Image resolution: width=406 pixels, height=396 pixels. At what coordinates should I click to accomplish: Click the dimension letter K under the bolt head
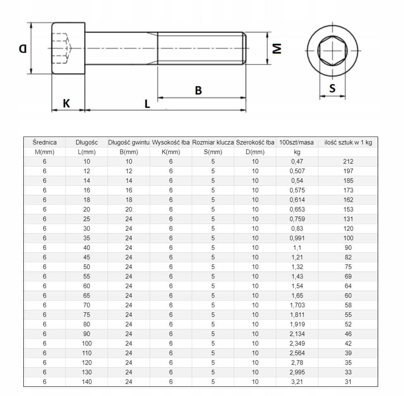click(66, 103)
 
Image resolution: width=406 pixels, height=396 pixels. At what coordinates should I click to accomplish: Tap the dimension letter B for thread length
click(198, 90)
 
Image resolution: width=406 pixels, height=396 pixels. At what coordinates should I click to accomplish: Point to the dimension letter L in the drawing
click(147, 104)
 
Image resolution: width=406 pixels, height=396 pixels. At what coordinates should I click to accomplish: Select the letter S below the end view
click(333, 88)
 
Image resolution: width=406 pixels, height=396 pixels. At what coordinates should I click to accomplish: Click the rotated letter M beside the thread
click(277, 48)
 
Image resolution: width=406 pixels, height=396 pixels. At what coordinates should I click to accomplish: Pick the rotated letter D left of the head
click(23, 48)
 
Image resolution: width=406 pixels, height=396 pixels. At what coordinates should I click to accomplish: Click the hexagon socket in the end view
click(333, 51)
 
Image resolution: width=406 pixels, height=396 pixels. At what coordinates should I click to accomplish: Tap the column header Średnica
click(45, 142)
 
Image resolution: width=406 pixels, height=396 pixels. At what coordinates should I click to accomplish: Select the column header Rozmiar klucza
click(213, 142)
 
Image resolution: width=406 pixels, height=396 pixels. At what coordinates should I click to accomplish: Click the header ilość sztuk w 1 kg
click(348, 142)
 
